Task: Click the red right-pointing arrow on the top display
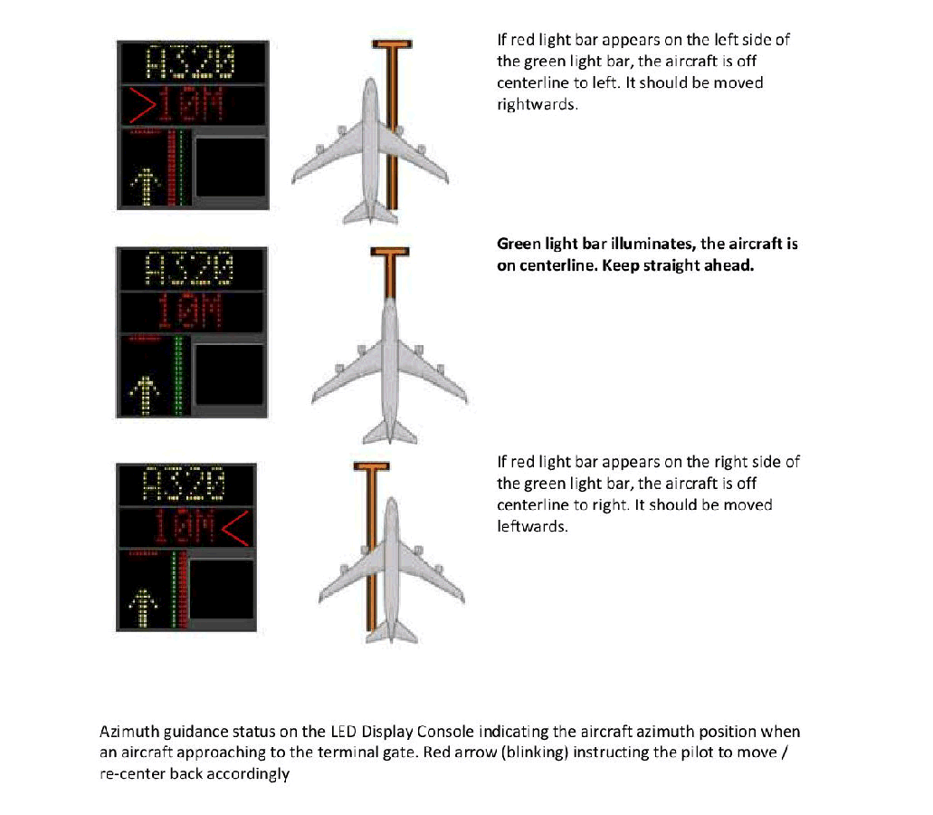click(x=143, y=105)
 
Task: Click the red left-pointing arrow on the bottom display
click(x=235, y=528)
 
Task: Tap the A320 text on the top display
click(x=191, y=62)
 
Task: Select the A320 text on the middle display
click(x=190, y=267)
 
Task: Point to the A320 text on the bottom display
click(x=185, y=484)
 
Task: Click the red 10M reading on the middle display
click(x=190, y=311)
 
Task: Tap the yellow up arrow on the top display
click(x=145, y=187)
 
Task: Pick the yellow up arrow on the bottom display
click(x=143, y=608)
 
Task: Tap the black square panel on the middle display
click(x=230, y=374)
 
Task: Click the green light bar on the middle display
click(x=177, y=375)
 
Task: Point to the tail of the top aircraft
click(x=370, y=213)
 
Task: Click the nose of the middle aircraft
click(x=390, y=301)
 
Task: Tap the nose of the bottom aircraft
click(x=391, y=502)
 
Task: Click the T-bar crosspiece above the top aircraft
click(x=392, y=44)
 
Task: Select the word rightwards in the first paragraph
click(x=538, y=105)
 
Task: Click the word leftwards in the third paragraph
click(x=532, y=526)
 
